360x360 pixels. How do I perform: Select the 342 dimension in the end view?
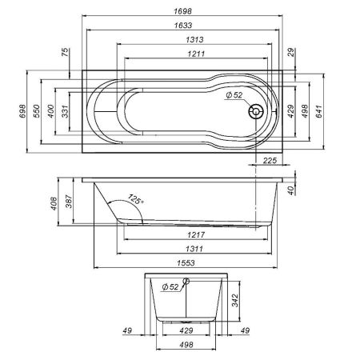[235, 300]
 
